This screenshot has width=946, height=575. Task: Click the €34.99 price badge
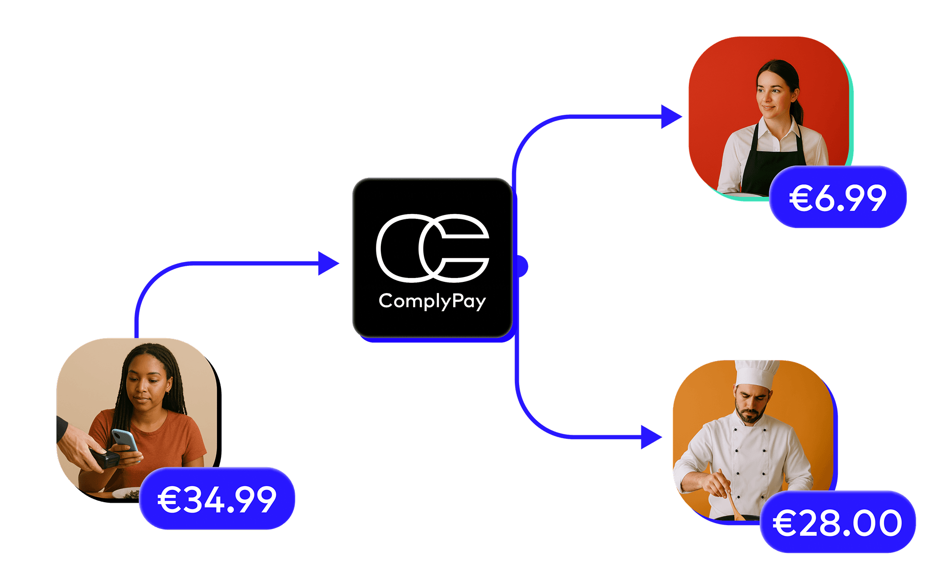point(217,499)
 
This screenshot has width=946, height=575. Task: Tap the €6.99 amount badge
point(837,197)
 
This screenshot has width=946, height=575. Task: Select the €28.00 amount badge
point(837,522)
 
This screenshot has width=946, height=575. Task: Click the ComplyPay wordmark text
point(432,301)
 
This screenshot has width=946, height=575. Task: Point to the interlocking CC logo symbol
point(432,248)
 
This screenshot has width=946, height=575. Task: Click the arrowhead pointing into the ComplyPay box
point(328,263)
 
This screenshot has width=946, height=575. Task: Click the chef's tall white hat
point(756,374)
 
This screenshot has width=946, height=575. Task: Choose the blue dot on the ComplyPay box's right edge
point(523,266)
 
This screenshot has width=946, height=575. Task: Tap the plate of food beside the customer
point(126,493)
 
